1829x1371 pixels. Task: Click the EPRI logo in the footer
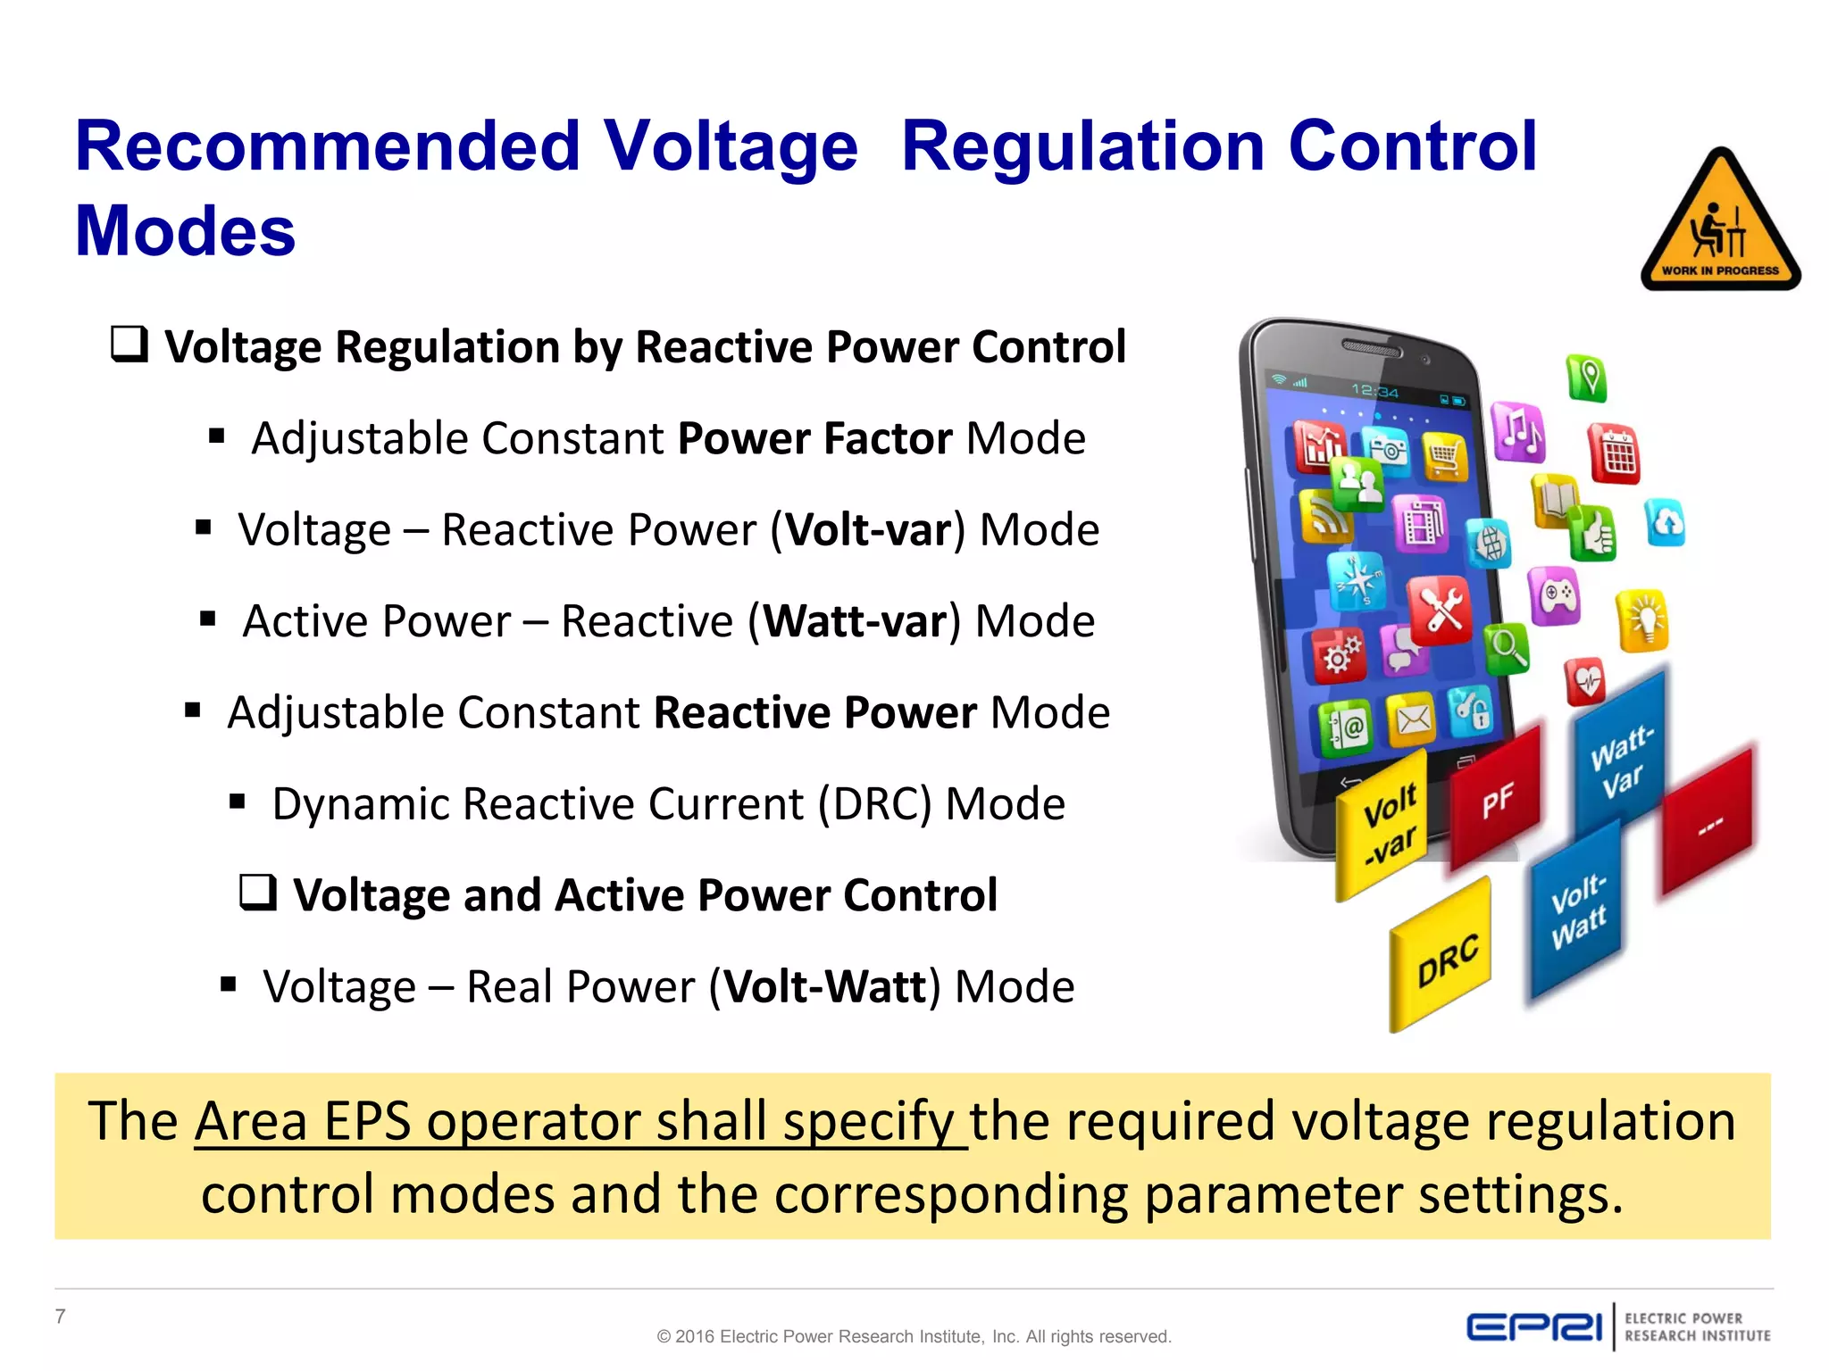click(1533, 1326)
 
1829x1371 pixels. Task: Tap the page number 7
click(61, 1316)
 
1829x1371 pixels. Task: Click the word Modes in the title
click(185, 230)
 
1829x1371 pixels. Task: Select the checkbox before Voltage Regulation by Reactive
click(129, 344)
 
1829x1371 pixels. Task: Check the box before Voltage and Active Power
click(258, 892)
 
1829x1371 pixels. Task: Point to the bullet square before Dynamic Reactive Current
click(238, 802)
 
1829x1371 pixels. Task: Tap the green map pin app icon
click(1587, 378)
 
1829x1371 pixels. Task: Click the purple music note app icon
click(1517, 431)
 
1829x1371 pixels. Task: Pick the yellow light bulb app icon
click(1643, 619)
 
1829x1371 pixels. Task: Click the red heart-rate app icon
click(1586, 683)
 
